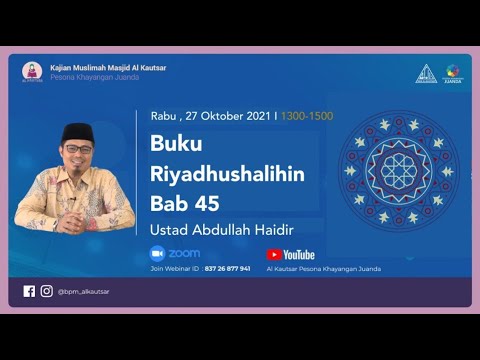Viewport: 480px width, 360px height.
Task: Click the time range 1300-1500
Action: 308,116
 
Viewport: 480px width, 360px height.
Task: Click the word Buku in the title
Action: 176,143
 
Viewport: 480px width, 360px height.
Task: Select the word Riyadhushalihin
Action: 227,174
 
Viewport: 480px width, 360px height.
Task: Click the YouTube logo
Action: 290,255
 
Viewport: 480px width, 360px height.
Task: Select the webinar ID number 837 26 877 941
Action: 228,268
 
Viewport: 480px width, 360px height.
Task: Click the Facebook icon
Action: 29,291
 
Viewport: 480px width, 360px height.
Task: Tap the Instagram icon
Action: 46,291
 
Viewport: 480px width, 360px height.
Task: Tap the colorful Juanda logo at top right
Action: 453,72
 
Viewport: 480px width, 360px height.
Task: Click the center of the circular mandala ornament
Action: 401,171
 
